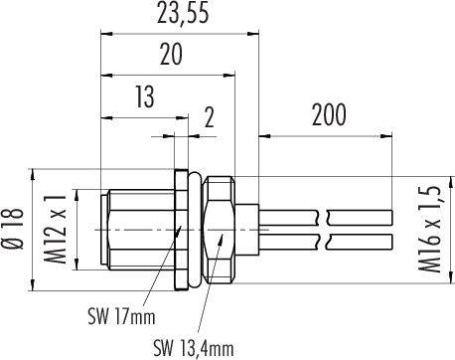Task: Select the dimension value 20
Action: (x=170, y=56)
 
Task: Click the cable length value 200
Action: (x=327, y=114)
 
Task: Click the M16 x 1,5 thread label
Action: (x=430, y=228)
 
